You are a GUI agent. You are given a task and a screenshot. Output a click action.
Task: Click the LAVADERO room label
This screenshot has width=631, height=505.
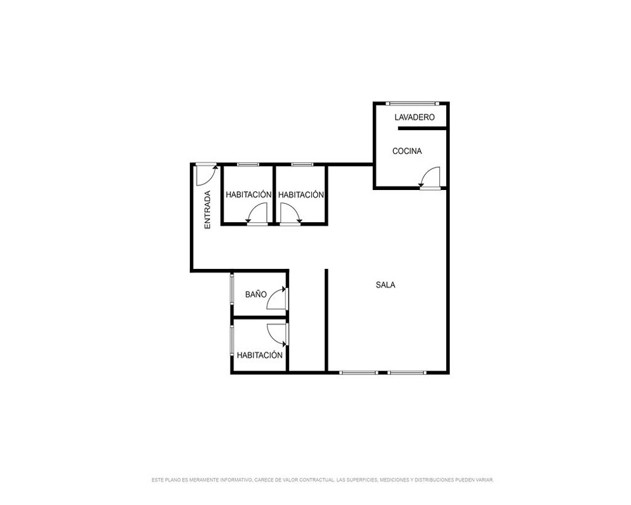tap(415, 117)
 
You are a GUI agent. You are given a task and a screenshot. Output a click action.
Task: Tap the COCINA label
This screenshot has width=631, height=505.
tap(407, 151)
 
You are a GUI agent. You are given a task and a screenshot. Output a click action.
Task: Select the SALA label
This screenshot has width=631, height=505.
tap(386, 285)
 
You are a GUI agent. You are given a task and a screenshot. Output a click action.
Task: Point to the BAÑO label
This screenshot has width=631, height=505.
tap(256, 294)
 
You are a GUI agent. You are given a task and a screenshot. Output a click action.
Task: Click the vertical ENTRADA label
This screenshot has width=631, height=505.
tap(208, 210)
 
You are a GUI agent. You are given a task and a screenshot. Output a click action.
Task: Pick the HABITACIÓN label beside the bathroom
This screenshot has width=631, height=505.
tap(259, 355)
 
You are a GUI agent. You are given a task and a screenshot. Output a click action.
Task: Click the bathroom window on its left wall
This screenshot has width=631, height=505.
tap(232, 289)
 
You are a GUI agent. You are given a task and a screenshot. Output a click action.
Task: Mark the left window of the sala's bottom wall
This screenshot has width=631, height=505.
tap(358, 372)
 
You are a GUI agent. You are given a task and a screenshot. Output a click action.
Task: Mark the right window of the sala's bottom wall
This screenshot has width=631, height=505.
tap(407, 372)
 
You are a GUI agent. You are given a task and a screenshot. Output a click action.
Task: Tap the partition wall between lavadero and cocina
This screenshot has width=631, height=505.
tap(422, 129)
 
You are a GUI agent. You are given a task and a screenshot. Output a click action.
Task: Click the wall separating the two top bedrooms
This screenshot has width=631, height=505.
tap(274, 194)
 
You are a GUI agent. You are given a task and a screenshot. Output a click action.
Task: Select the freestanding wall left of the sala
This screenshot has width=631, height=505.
tap(326, 320)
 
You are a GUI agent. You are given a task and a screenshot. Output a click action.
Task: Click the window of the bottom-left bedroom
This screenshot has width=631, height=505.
tap(232, 340)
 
